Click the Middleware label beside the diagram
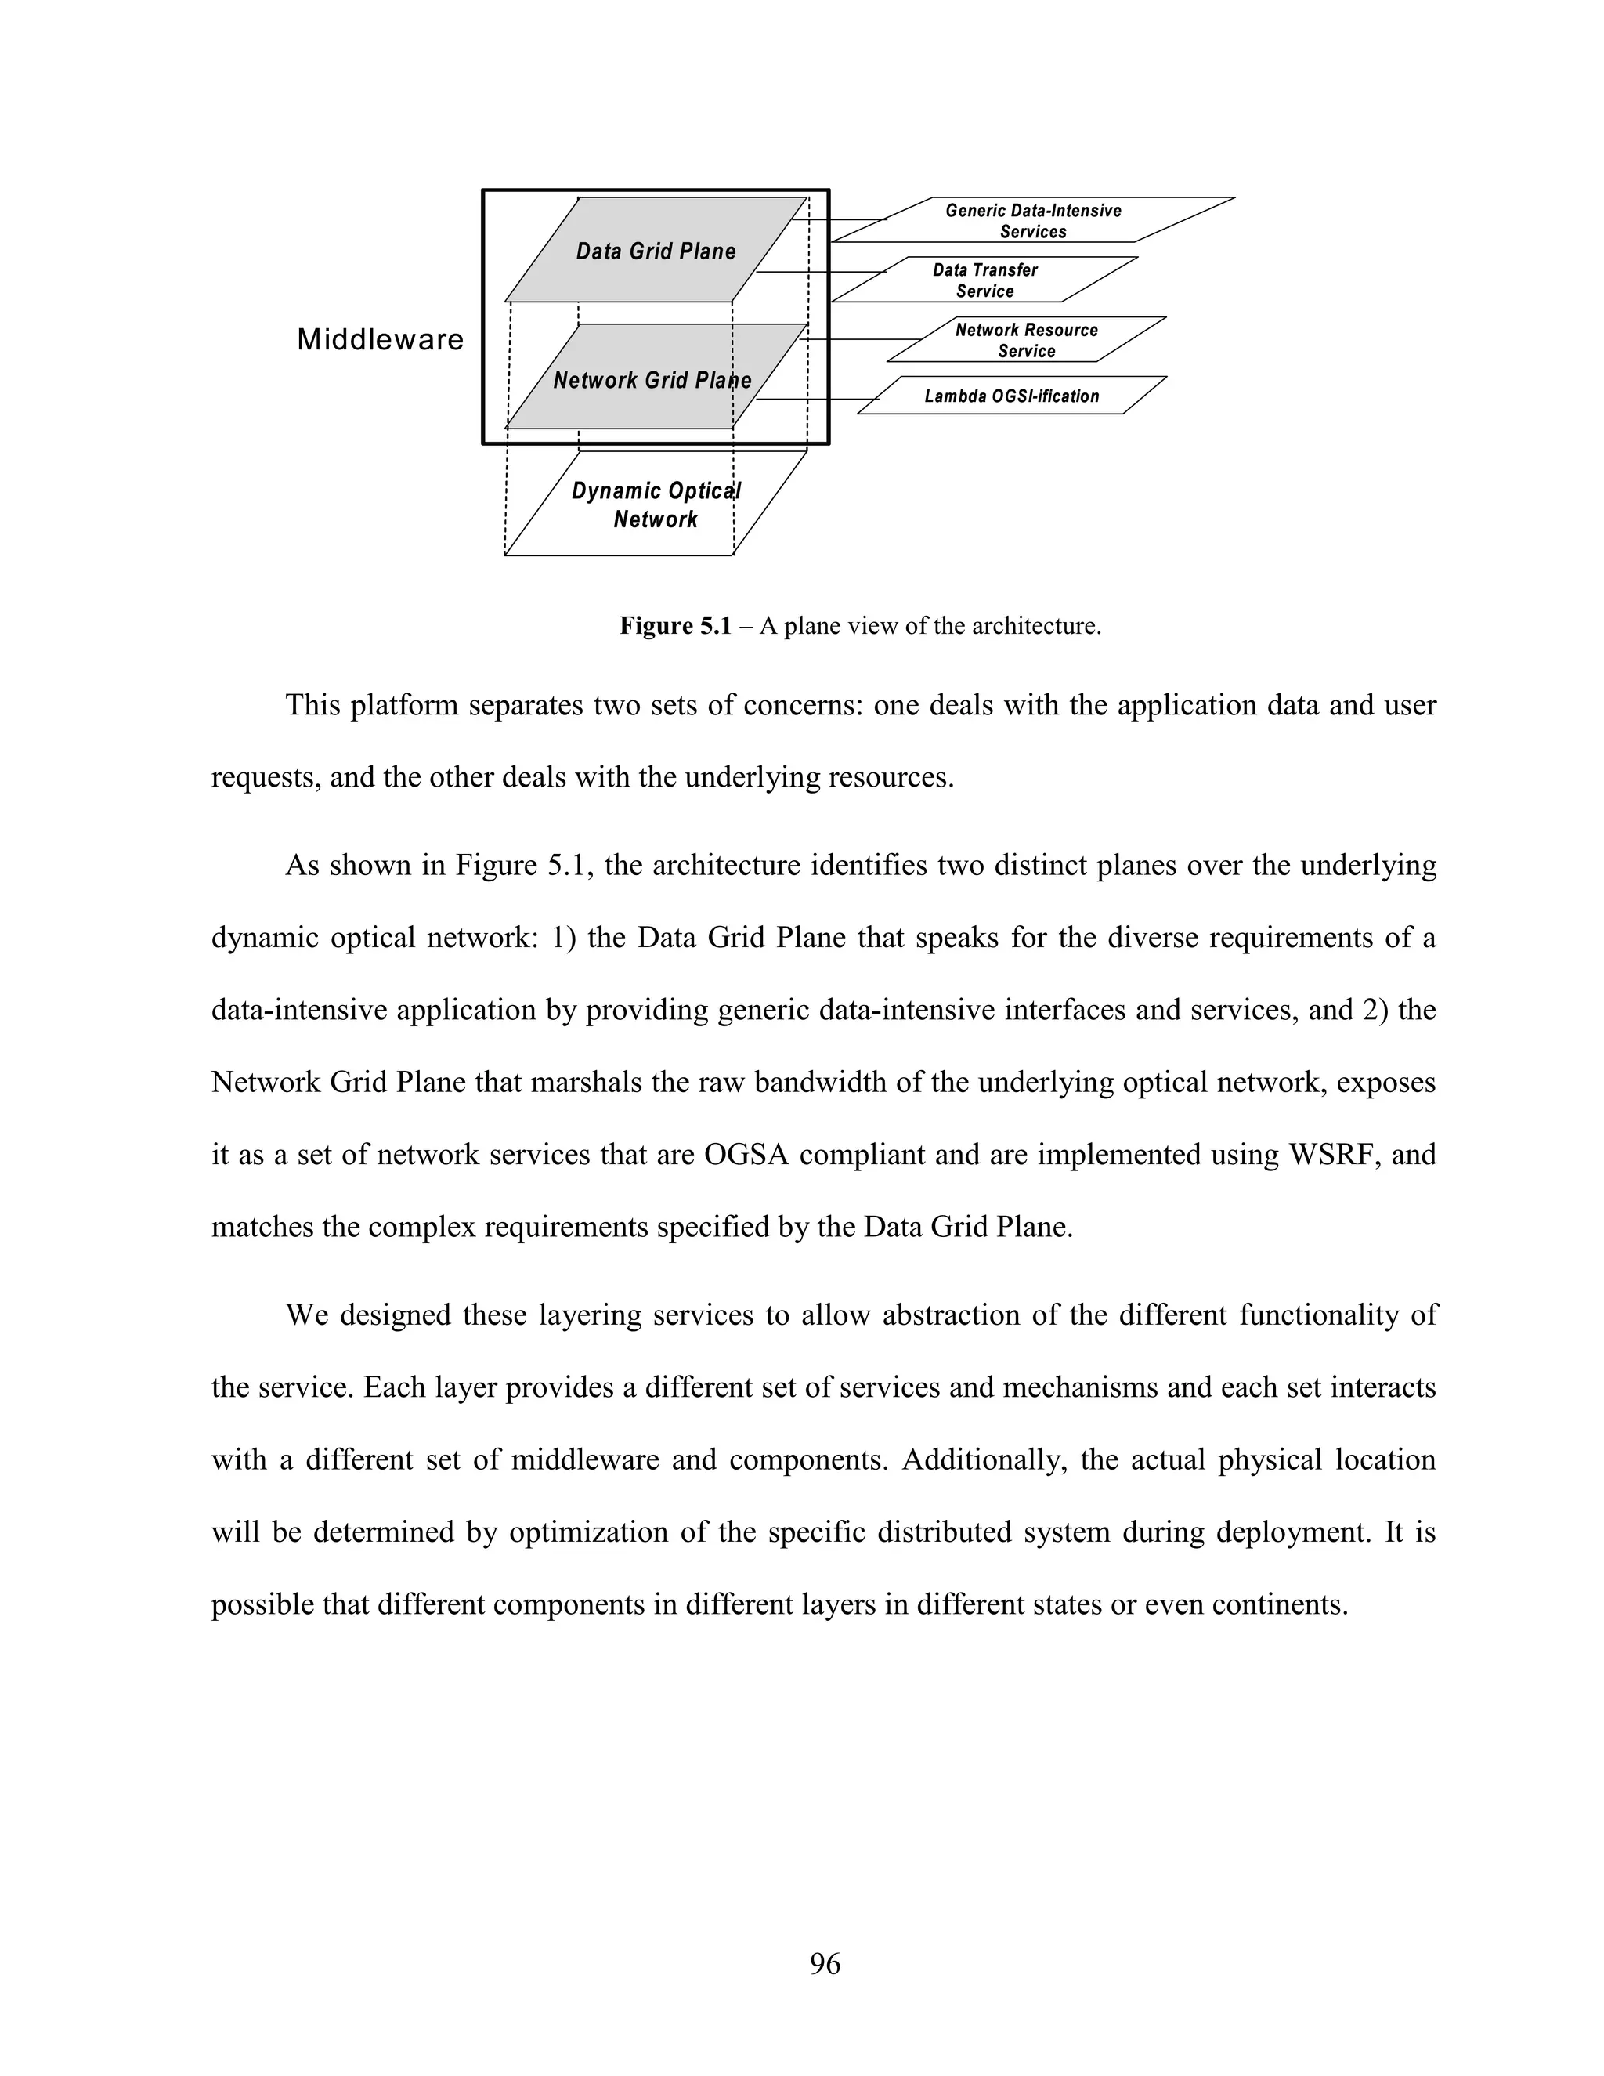click(380, 339)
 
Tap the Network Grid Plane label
click(652, 380)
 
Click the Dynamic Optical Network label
click(656, 505)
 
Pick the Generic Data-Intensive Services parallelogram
click(1033, 221)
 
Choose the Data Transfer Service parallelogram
click(984, 280)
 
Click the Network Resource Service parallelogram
click(1026, 340)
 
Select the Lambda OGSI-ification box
click(1011, 396)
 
